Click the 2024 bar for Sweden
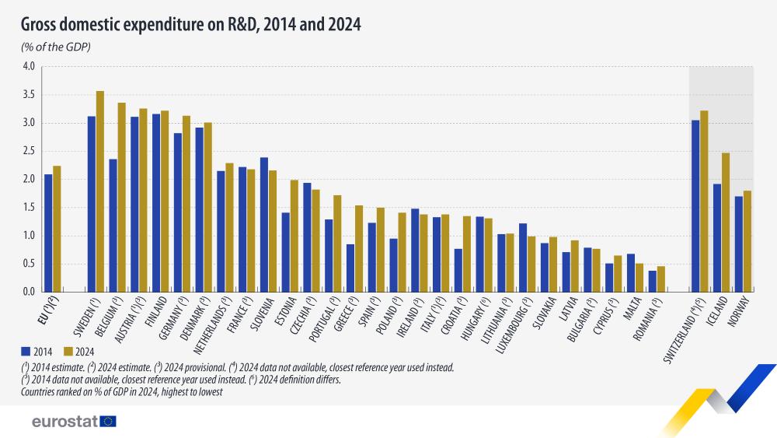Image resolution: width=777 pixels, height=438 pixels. tap(100, 191)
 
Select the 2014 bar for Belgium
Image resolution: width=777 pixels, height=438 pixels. tap(113, 226)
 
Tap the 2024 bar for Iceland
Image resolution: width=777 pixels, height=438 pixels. tap(726, 223)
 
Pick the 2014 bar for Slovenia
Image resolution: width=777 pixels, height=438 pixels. tap(264, 225)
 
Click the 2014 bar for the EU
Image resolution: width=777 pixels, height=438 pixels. tap(48, 233)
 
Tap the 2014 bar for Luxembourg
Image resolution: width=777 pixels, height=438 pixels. tap(523, 258)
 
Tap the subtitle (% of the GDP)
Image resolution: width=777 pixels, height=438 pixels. tap(56, 48)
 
